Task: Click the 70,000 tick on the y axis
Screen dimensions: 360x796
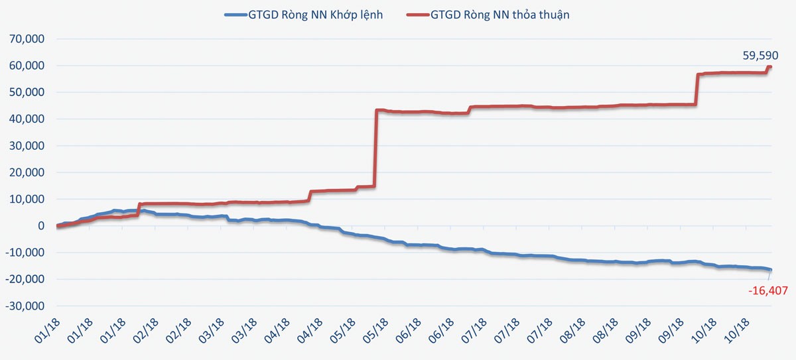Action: pos(25,39)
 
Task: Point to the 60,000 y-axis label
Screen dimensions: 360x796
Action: pos(25,66)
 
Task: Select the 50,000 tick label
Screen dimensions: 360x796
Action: pos(25,93)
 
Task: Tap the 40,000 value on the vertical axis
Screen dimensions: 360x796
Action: pos(25,119)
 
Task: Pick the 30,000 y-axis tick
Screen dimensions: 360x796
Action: pos(25,146)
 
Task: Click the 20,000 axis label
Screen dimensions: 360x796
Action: pos(25,173)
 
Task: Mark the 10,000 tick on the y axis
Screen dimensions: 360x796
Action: pos(25,200)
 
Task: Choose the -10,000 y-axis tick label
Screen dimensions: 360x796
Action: pos(23,253)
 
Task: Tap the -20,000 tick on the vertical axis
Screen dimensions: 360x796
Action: pos(23,280)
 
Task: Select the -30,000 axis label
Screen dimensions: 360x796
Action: pos(23,306)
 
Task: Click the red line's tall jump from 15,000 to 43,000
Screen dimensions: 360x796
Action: pos(376,149)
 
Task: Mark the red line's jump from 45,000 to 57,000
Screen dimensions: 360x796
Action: pos(696,90)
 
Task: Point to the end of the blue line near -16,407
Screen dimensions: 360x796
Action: pos(771,269)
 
